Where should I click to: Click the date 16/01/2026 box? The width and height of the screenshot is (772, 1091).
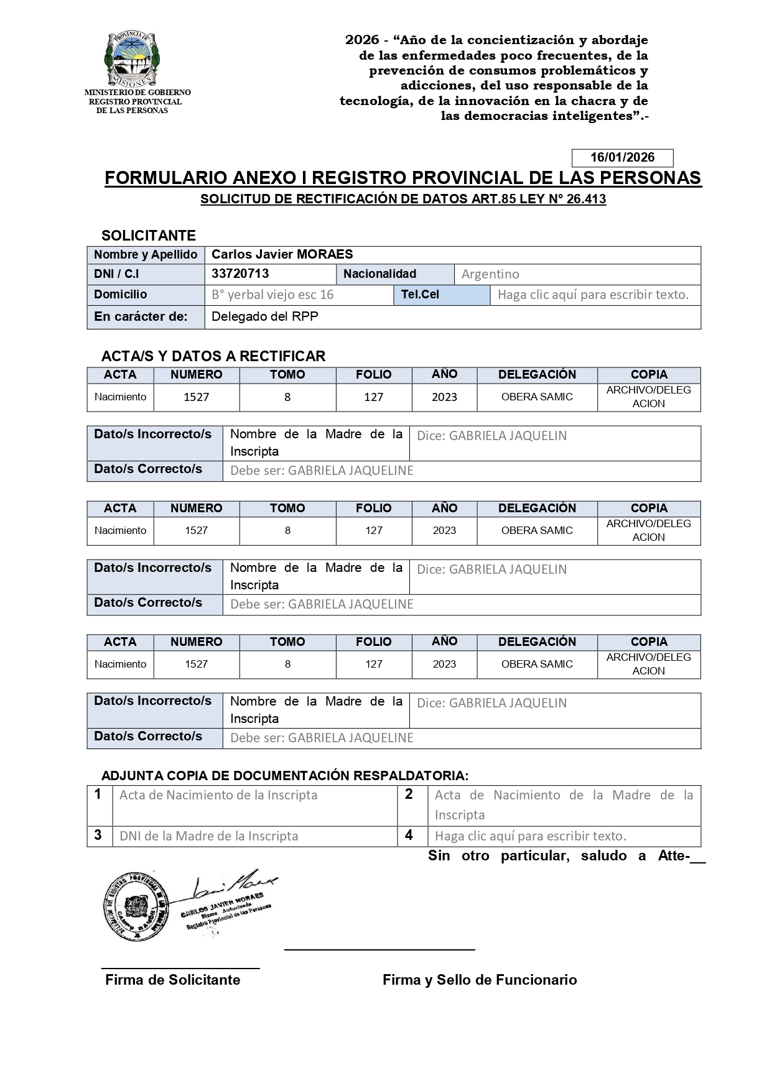(621, 157)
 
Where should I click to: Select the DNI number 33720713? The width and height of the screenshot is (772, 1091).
(240, 274)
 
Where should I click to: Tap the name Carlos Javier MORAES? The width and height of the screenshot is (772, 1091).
(282, 254)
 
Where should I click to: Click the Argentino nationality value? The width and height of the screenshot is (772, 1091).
(490, 274)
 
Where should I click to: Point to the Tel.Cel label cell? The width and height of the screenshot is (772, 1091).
(441, 295)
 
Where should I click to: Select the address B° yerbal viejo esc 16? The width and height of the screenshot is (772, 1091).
(272, 295)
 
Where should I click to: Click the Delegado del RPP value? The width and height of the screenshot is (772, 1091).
(265, 316)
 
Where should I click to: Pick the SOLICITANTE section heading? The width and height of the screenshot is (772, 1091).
(149, 236)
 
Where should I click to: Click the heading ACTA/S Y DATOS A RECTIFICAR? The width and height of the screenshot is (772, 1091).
(213, 356)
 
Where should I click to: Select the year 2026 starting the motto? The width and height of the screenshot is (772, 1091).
(362, 40)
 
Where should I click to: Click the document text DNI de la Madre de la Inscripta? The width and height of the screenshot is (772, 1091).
(208, 836)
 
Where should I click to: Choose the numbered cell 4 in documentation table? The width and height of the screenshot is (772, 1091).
(409, 835)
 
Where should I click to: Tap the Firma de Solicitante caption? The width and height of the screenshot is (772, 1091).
(172, 980)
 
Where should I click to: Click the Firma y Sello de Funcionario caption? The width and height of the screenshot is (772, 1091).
(480, 980)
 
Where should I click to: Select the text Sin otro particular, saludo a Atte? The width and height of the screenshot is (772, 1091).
(558, 856)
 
